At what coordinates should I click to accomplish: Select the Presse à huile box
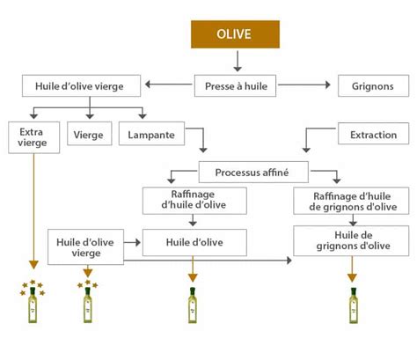[x=236, y=85]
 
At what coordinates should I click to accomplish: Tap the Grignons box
[x=373, y=85]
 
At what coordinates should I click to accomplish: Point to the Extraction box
[x=373, y=136]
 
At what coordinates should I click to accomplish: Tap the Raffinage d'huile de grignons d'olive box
[x=355, y=202]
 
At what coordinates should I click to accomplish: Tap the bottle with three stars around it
[x=89, y=300]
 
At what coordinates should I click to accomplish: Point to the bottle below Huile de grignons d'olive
[x=354, y=303]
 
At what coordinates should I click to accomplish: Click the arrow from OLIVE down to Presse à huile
[x=236, y=62]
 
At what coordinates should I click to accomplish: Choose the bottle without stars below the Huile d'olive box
[x=193, y=303]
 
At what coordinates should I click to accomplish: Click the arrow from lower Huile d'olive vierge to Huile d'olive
[x=133, y=240]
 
